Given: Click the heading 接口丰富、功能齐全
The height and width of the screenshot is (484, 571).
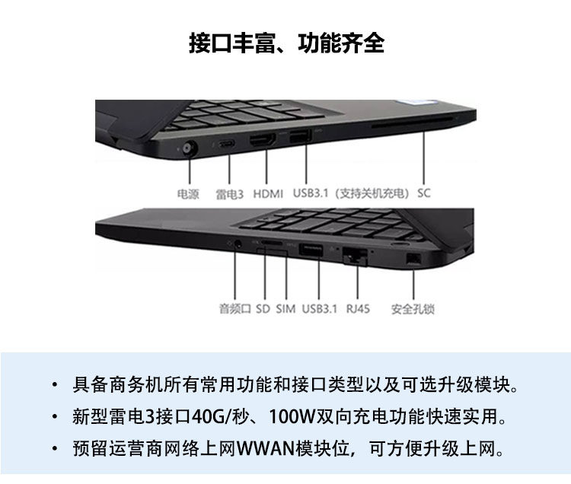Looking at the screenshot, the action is (x=286, y=43).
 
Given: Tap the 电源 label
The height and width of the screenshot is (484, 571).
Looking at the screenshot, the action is (x=187, y=193).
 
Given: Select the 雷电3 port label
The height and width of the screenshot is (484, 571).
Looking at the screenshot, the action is (x=229, y=193).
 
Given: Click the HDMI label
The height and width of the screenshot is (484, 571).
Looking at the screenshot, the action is (x=268, y=193).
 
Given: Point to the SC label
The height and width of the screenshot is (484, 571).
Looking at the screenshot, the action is (x=424, y=193).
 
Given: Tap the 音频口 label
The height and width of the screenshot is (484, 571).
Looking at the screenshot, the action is (x=234, y=309).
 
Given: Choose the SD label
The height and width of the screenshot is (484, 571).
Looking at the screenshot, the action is (x=263, y=309).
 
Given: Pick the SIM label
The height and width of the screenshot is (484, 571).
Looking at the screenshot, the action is (x=285, y=309).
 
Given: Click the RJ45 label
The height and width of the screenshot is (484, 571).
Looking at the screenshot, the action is (x=358, y=309).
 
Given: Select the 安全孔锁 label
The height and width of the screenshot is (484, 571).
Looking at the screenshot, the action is (x=413, y=309).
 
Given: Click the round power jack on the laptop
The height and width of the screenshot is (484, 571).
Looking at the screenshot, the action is (x=187, y=148).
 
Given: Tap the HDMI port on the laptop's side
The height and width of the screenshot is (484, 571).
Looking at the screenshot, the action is (x=264, y=142).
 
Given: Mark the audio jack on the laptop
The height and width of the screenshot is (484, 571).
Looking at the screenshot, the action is (x=239, y=244).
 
